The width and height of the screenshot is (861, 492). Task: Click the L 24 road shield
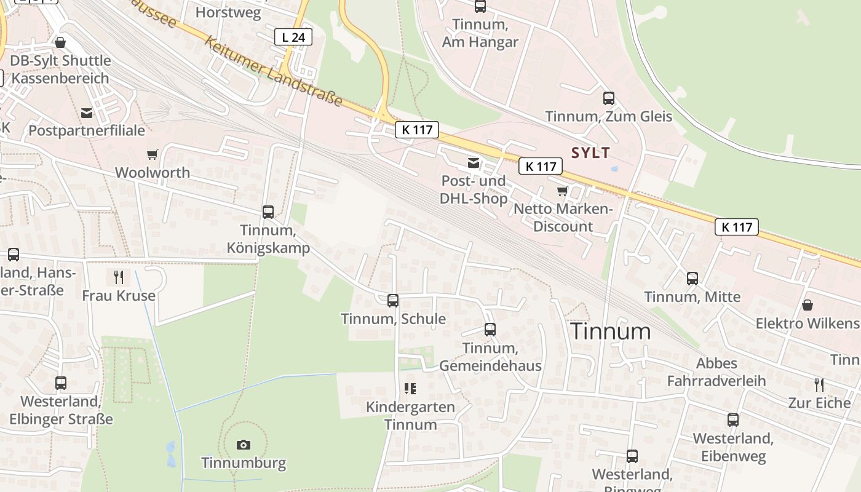click(293, 38)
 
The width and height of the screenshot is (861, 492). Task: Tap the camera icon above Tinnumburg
click(244, 445)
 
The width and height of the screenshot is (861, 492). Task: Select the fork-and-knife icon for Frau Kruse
click(119, 277)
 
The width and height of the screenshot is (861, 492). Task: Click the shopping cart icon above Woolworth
click(152, 154)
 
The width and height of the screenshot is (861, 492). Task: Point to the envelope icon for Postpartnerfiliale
click(87, 113)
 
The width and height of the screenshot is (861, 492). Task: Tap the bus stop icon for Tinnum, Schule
click(393, 301)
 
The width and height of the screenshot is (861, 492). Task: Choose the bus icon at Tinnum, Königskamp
click(268, 212)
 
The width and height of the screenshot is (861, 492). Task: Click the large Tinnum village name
click(611, 331)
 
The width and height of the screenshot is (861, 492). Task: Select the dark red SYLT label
click(590, 153)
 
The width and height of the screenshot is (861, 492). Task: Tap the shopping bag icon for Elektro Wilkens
click(807, 305)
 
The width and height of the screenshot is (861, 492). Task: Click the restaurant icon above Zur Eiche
click(819, 385)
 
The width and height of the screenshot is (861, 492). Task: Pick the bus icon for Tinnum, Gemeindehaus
click(490, 330)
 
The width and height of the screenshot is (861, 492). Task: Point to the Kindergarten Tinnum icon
click(410, 389)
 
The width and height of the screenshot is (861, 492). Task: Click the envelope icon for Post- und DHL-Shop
click(474, 163)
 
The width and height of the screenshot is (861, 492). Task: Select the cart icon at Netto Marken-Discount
click(562, 191)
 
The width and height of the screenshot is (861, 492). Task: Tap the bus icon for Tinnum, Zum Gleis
click(609, 98)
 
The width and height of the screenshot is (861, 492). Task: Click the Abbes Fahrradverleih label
click(717, 371)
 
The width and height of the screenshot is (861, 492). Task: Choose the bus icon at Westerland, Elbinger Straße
click(61, 383)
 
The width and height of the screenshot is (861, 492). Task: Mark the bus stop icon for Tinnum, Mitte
click(692, 279)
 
